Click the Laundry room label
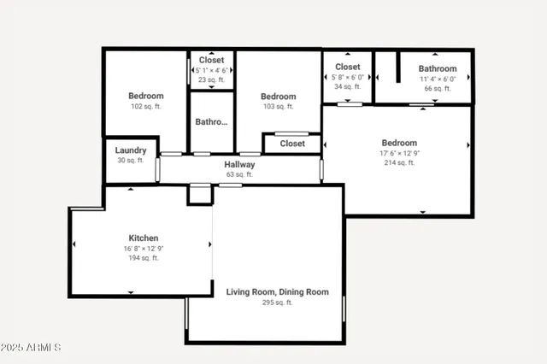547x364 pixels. pos(131,150)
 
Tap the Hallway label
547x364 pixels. pos(239,164)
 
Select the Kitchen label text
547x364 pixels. pos(143,238)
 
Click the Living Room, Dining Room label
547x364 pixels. pos(277,291)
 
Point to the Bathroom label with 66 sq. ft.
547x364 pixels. pos(437,68)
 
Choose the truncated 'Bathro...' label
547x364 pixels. pos(211,122)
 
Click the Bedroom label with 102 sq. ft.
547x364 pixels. pos(145,96)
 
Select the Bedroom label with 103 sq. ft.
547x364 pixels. pos(278,97)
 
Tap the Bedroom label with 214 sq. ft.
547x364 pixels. pos(399,143)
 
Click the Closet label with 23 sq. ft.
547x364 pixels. pos(211,61)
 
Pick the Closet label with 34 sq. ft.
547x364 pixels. pos(347,67)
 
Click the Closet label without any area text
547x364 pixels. pos(292,144)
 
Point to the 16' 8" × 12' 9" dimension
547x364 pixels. pos(143,249)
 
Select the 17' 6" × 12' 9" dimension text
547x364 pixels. pos(399,153)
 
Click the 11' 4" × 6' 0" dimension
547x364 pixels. pos(437,79)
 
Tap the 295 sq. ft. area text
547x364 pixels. pos(277,302)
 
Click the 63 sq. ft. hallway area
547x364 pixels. pos(239,174)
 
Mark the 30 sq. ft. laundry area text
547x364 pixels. pos(131,161)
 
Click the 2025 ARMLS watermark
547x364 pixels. pos(31,348)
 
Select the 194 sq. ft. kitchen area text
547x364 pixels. pos(143,258)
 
